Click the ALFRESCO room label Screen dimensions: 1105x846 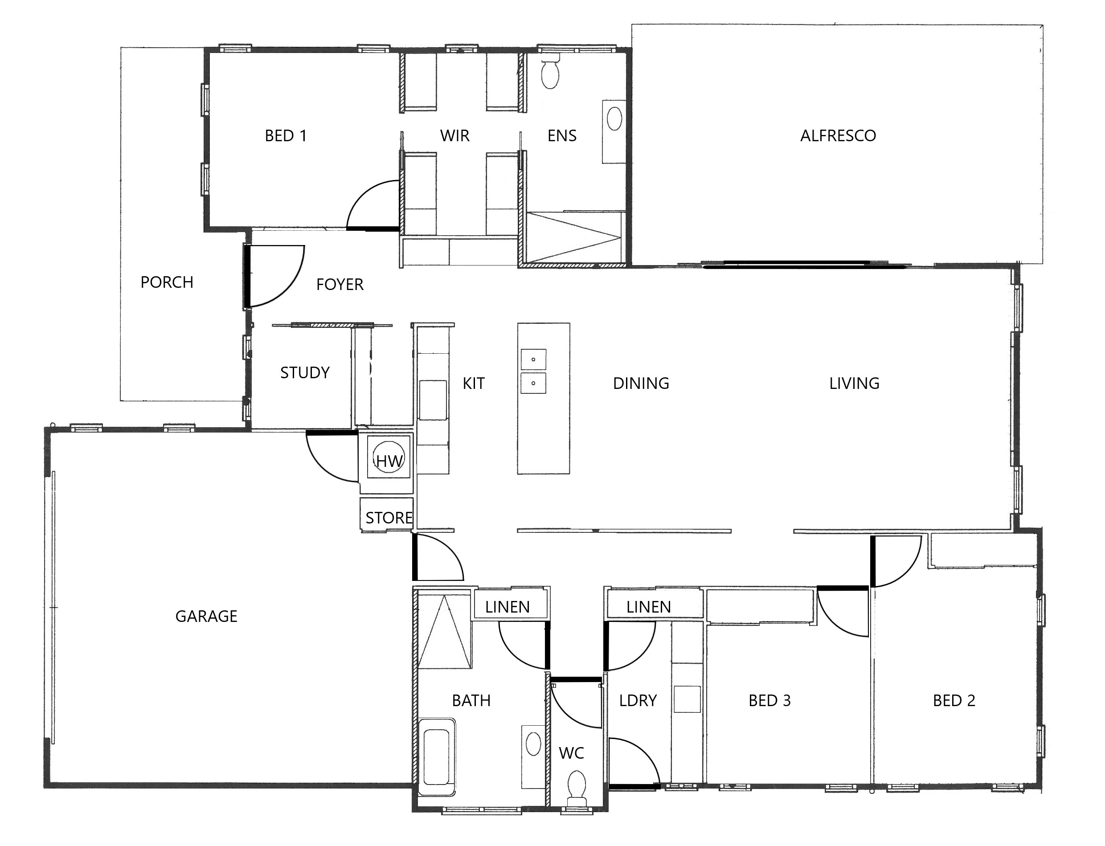(x=838, y=135)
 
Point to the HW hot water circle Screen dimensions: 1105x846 (x=389, y=457)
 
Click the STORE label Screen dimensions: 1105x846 (x=389, y=518)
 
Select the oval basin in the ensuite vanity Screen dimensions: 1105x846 (x=614, y=119)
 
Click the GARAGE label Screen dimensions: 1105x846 (x=206, y=617)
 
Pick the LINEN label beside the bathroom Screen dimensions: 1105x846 (x=507, y=607)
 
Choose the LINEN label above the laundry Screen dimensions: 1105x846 (x=649, y=607)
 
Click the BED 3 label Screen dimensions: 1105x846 (x=769, y=700)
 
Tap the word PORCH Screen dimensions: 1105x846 (x=167, y=282)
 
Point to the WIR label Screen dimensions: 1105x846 (x=455, y=135)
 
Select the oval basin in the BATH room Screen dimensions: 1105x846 (x=533, y=744)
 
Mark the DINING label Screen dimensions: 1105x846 (x=641, y=383)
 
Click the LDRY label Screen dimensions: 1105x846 (x=638, y=700)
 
